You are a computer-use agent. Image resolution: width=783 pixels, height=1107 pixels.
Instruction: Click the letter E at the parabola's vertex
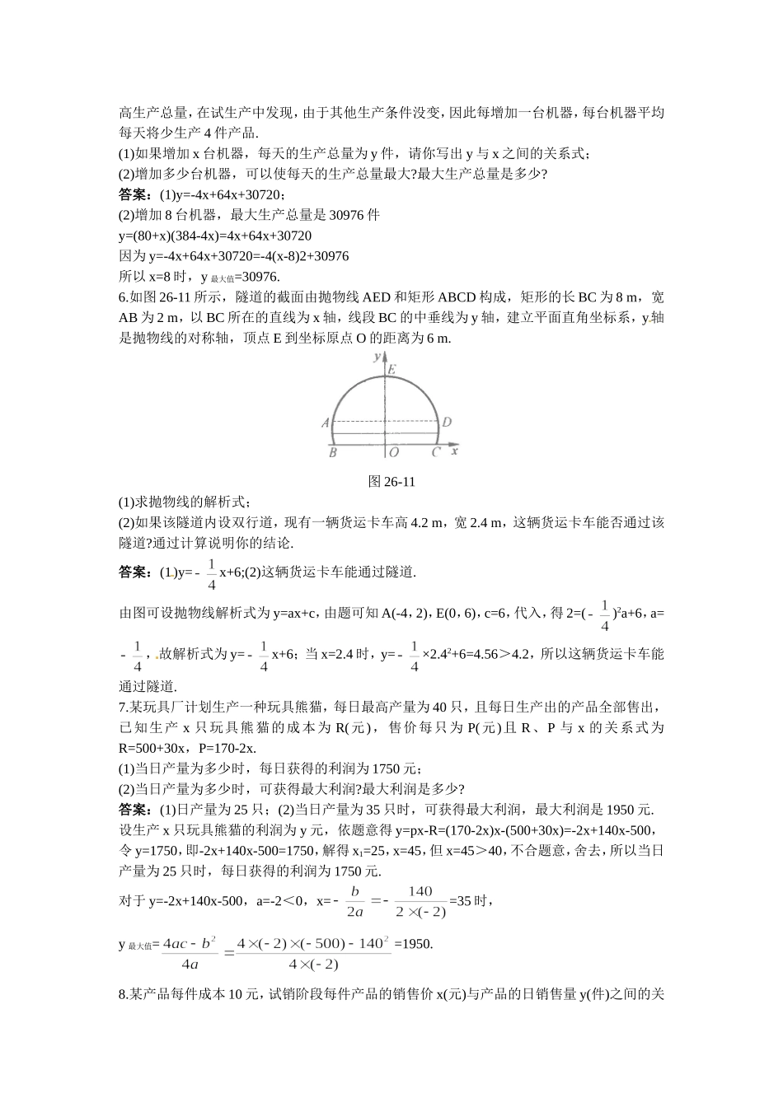392,370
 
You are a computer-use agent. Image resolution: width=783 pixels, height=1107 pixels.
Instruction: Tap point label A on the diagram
326,423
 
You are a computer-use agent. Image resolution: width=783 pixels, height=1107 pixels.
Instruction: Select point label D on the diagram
446,423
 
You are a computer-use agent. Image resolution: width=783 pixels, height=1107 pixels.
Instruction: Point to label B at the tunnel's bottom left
332,452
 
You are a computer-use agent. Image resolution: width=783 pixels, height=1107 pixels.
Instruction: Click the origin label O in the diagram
394,452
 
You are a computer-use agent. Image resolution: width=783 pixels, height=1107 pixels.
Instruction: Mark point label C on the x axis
436,452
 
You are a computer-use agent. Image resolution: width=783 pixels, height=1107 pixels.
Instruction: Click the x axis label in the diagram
455,451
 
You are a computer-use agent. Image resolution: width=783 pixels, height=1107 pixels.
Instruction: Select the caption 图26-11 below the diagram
391,482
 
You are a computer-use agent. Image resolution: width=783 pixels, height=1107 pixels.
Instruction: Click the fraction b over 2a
355,901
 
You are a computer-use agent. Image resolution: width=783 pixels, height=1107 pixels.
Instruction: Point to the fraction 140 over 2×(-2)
420,901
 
